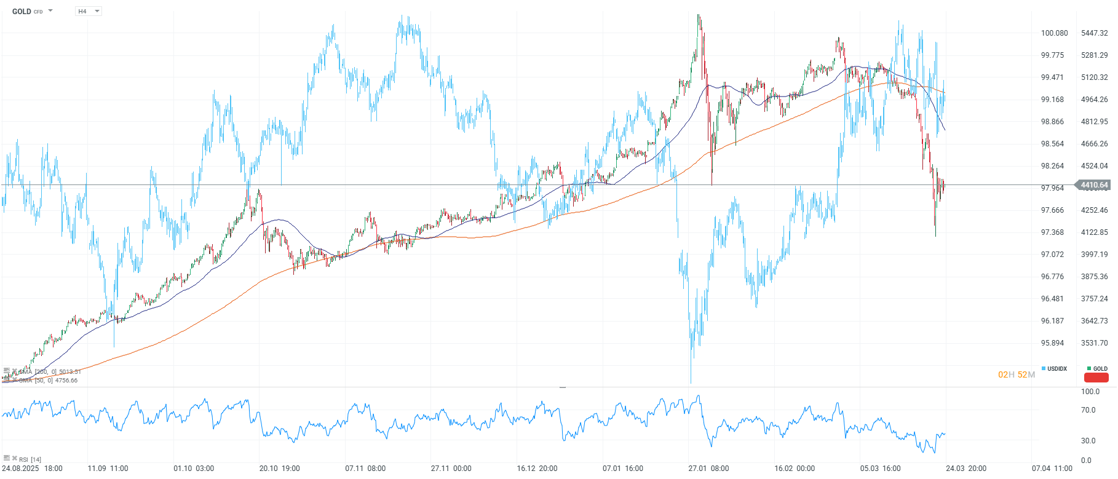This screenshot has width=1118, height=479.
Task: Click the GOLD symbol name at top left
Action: [22, 12]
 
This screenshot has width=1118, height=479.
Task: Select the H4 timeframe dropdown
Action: [88, 12]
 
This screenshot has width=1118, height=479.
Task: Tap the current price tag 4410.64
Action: [1094, 185]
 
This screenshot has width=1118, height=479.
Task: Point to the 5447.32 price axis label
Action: [1094, 33]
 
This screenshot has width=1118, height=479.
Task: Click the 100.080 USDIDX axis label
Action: [1054, 33]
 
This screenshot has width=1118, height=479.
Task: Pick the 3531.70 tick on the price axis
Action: [1094, 343]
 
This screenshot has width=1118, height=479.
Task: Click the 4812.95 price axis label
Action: [1094, 122]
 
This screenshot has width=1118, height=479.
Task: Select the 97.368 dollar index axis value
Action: [1052, 232]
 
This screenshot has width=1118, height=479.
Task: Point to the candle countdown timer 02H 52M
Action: [1016, 374]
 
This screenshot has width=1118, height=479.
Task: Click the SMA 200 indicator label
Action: [49, 372]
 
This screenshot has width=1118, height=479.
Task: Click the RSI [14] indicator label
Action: [30, 459]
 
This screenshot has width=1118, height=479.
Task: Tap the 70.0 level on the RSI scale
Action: [1088, 410]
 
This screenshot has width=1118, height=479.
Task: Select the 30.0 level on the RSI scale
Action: [1088, 441]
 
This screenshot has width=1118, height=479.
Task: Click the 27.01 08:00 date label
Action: [708, 469]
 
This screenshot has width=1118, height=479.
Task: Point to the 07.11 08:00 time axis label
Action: [365, 469]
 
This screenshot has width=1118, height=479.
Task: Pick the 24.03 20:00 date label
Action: [965, 469]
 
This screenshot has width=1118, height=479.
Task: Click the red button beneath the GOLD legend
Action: [1096, 378]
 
